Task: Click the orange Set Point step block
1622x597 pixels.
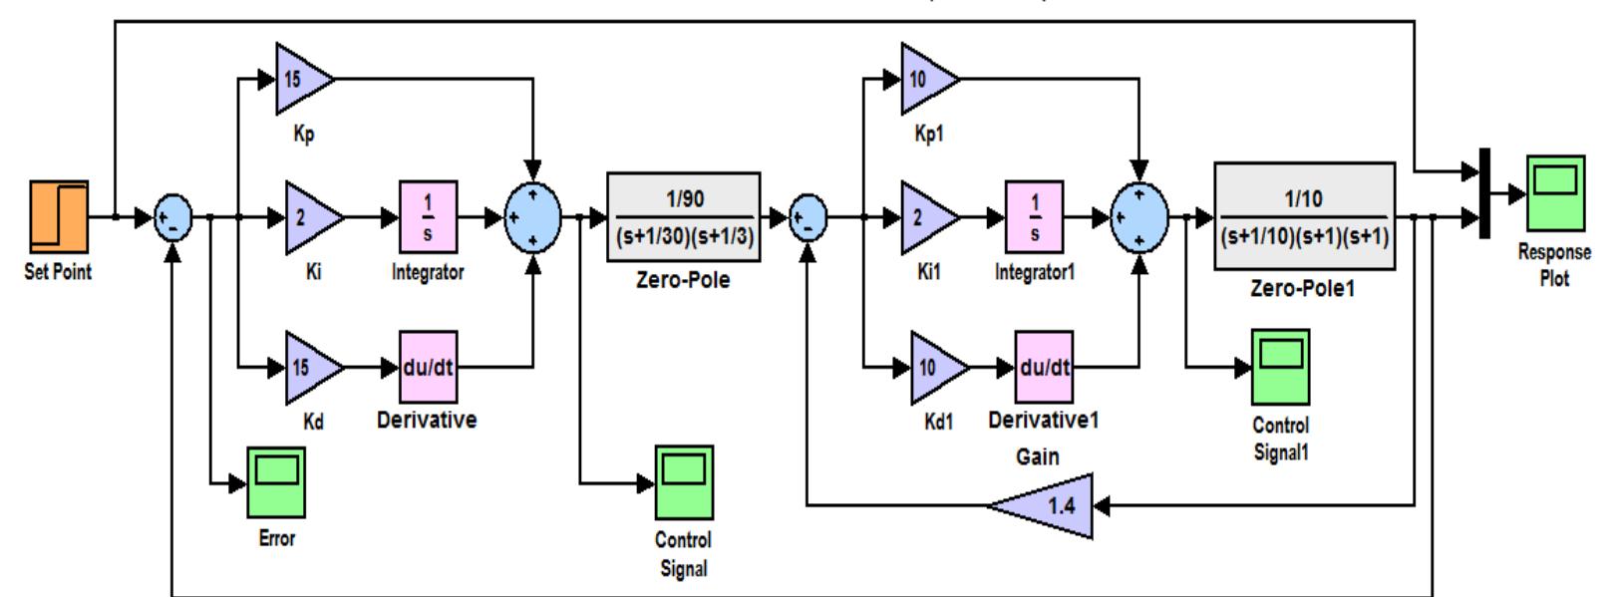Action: [59, 215]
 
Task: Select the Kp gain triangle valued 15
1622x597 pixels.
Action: [300, 79]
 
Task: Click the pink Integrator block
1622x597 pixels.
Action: [428, 217]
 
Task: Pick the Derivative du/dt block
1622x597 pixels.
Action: [428, 367]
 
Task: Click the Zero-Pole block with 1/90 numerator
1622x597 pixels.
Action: [684, 217]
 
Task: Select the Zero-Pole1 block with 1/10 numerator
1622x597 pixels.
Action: [1304, 216]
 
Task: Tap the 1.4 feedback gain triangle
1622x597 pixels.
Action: [1047, 505]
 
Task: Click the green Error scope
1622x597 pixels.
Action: [276, 482]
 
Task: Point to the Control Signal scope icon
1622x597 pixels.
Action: [684, 482]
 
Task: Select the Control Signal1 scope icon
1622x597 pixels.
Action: [1280, 368]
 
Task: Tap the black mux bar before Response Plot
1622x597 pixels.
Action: [1484, 193]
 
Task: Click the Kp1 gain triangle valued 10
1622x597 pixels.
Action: [925, 79]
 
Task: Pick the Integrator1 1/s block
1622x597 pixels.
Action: [1035, 217]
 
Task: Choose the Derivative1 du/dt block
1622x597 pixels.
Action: [1044, 367]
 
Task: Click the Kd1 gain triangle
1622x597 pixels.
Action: [934, 368]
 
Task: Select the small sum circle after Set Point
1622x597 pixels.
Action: [172, 217]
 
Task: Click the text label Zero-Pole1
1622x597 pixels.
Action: [1302, 289]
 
